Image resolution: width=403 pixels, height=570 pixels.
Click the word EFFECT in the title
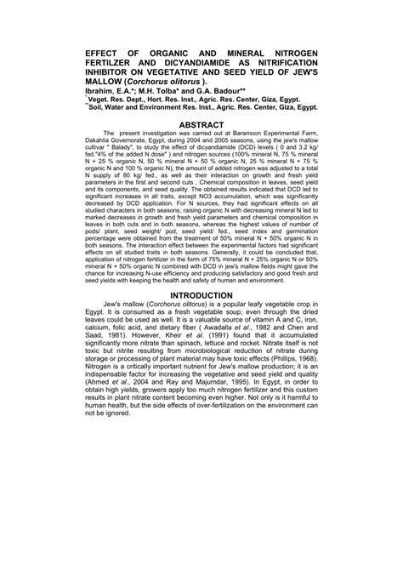pyautogui.click(x=105, y=53)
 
